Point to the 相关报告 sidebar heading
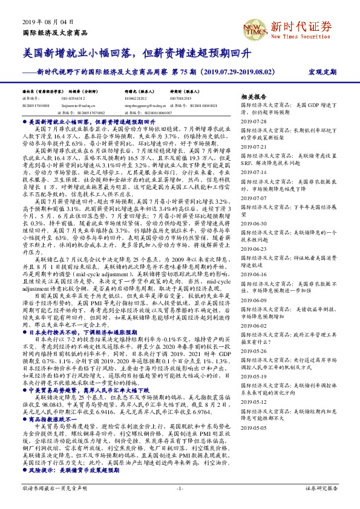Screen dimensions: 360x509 (254, 97)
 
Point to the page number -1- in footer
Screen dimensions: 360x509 (180, 487)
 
